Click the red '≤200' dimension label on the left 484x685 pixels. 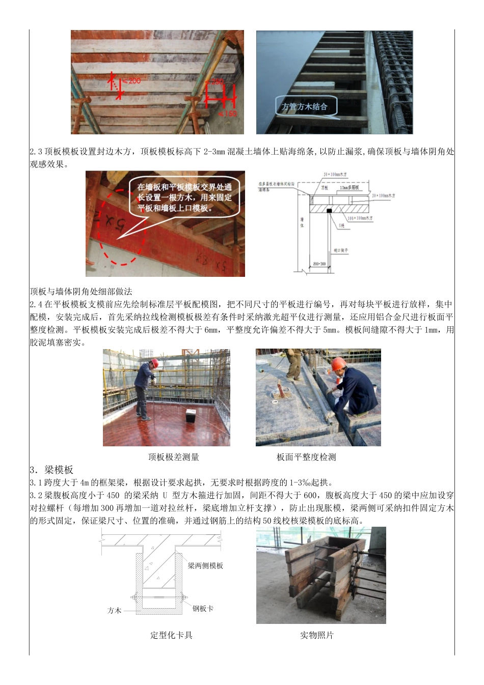133,81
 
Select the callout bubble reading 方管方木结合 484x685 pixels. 304,107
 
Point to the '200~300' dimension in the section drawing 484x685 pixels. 319,264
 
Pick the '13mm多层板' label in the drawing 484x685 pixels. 349,188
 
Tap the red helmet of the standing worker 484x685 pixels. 154,362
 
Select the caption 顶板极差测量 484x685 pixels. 173,457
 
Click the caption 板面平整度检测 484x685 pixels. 306,457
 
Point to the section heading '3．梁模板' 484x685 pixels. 51,470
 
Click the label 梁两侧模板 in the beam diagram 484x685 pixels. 205,565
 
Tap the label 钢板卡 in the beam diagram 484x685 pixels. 203,608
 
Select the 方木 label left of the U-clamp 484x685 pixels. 115,610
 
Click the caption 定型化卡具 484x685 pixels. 171,635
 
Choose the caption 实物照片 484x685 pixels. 316,635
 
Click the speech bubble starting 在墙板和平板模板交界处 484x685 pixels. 184,197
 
